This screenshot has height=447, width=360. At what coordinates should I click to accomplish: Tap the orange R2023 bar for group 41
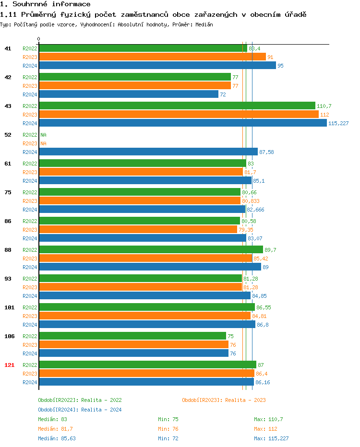pyautogui.click(x=152, y=57)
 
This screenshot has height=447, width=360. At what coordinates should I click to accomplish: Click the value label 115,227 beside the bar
pyautogui.click(x=338, y=123)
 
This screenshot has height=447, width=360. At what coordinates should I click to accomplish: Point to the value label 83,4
pyautogui.click(x=254, y=48)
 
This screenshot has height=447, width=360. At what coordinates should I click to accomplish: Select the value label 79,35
pyautogui.click(x=246, y=230)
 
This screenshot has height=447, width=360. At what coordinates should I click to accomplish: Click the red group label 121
pyautogui.click(x=9, y=365)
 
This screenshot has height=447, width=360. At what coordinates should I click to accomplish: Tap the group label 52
pyautogui.click(x=8, y=135)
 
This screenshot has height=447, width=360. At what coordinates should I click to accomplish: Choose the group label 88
pyautogui.click(x=8, y=250)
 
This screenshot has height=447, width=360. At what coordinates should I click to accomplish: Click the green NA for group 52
pyautogui.click(x=43, y=135)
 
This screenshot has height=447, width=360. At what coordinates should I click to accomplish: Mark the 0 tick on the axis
pyautogui.click(x=39, y=39)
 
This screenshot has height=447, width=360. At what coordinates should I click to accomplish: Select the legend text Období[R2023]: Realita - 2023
pyautogui.click(x=224, y=400)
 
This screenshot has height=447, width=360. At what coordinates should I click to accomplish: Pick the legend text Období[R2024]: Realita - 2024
pyautogui.click(x=80, y=410)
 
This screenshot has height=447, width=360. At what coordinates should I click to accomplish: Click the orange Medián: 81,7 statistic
pyautogui.click(x=55, y=429)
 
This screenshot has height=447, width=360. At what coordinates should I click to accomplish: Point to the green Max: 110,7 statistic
pyautogui.click(x=268, y=419)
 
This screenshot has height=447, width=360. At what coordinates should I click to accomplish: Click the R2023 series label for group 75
pyautogui.click(x=30, y=201)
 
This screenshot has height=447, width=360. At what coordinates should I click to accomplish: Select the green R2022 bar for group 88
pyautogui.click(x=151, y=249)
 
